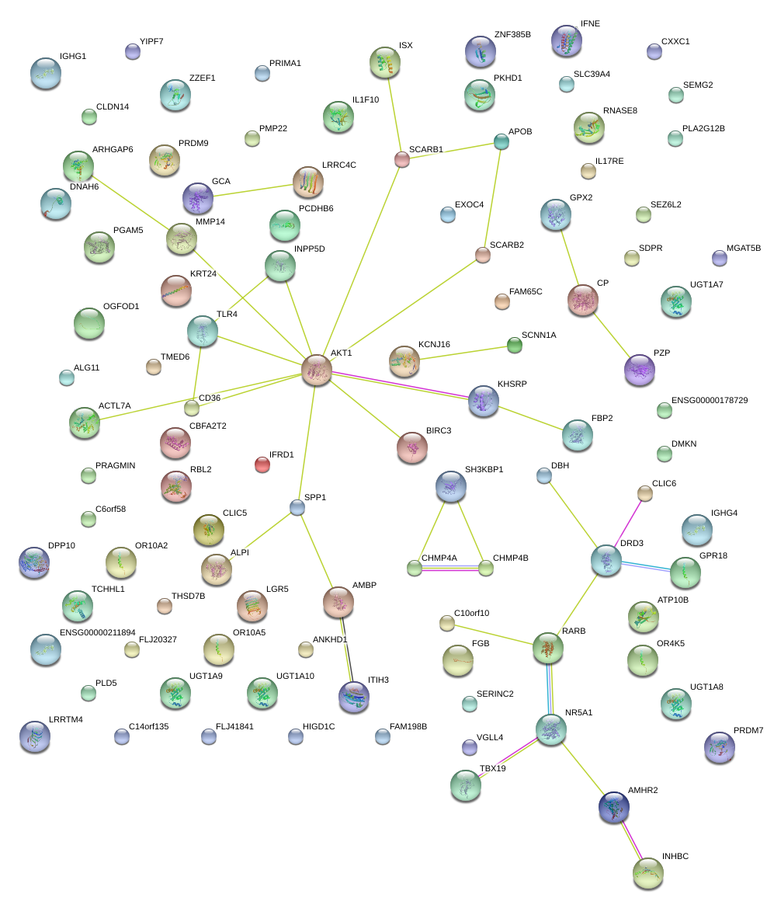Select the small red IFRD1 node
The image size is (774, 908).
point(262,465)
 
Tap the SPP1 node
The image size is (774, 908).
point(297,507)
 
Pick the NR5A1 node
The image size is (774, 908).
point(551,729)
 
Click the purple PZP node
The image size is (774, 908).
point(639,370)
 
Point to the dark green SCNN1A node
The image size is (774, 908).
point(514,345)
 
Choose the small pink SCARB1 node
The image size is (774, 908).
point(401,159)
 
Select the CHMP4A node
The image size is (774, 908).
point(415,568)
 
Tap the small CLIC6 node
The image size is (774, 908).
point(644,492)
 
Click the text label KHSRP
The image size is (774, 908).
point(512,384)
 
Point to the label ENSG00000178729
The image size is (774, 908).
point(710,400)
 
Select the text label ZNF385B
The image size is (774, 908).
point(512,35)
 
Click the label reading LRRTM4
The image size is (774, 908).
point(65,719)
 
